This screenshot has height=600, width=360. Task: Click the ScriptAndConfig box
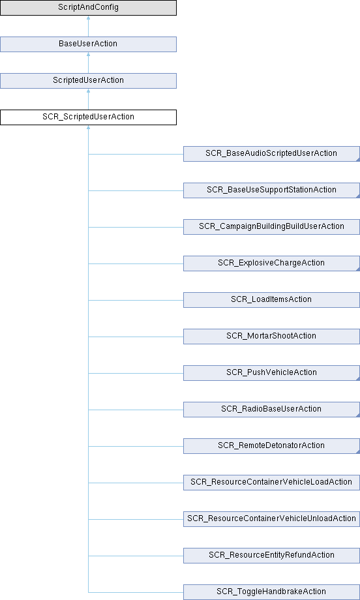point(89,8)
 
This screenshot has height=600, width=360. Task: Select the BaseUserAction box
point(89,44)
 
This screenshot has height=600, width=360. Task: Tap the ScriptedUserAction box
point(89,81)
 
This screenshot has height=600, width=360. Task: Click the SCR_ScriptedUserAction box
point(89,117)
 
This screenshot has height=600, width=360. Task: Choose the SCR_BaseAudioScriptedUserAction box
point(271,154)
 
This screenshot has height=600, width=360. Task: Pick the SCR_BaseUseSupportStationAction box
point(271,190)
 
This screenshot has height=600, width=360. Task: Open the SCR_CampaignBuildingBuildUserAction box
point(271,227)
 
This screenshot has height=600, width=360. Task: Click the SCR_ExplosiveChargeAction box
point(271,263)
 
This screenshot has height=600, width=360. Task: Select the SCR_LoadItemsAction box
point(271,300)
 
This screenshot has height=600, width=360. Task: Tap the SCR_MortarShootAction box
point(271,337)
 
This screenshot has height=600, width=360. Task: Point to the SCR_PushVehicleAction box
point(271,373)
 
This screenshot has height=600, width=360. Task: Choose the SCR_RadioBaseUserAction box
point(271,410)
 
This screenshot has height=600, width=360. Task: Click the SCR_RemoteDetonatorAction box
point(271,446)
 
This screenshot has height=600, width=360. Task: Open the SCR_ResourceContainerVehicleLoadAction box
point(271,483)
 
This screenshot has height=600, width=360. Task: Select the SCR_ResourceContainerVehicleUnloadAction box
point(271,519)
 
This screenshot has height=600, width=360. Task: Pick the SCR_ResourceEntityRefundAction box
point(271,556)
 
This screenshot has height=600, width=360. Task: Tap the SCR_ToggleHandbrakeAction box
point(271,592)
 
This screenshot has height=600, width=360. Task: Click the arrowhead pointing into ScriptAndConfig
point(89,18)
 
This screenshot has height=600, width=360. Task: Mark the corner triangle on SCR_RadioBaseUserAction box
point(358,415)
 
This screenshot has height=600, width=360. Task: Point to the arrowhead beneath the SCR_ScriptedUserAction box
point(89,127)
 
